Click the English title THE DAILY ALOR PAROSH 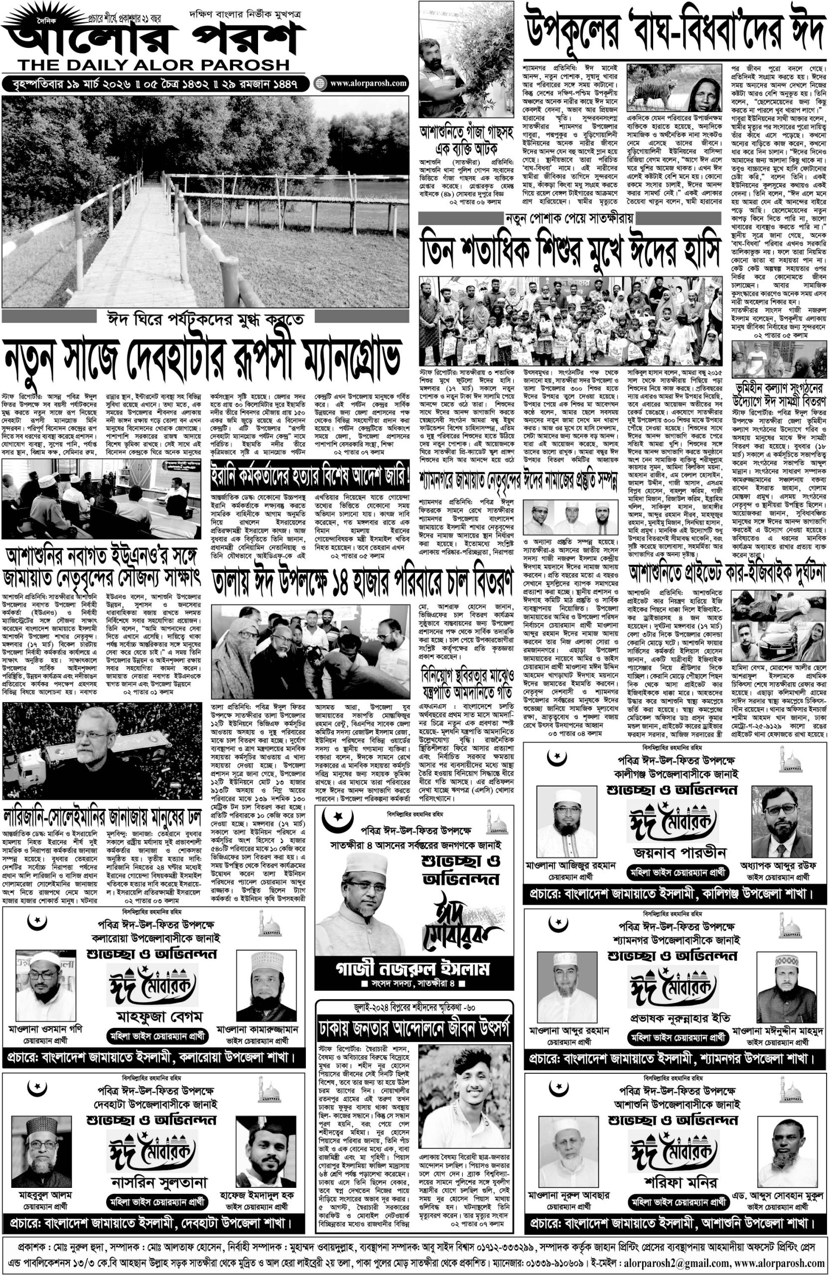click(x=153, y=65)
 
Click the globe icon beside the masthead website click(x=320, y=84)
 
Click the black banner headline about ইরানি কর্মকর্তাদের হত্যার click(x=311, y=475)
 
